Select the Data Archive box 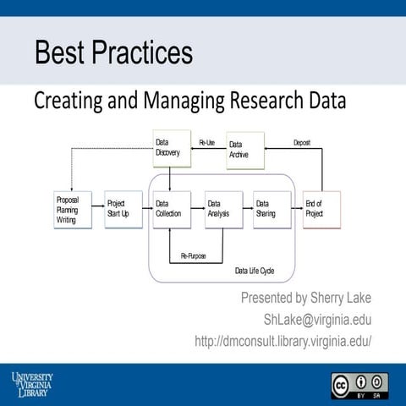coord(245,150)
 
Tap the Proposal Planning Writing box coord(71,209)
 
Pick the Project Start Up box coord(121,209)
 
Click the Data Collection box coord(170,209)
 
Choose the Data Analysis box coord(222,209)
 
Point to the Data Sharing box coord(272,209)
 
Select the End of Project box coord(321,209)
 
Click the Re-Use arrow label coord(207,142)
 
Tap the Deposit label coord(302,142)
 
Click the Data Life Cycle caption coord(255,272)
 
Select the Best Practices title coord(112,53)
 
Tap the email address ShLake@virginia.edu coord(318,320)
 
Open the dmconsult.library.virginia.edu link coord(283,341)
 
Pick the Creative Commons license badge coord(359,384)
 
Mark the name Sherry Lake coord(337,299)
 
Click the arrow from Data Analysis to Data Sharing coord(246,209)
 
